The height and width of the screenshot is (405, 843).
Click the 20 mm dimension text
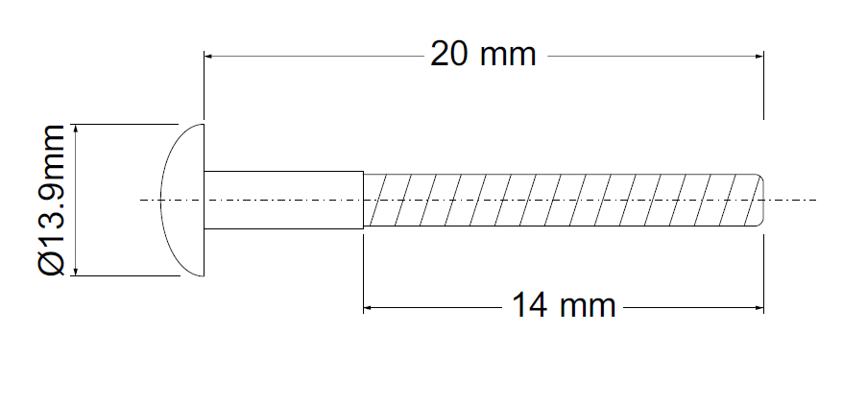(x=482, y=55)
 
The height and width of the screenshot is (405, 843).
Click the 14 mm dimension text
(x=563, y=307)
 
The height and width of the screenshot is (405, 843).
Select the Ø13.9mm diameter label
(x=53, y=200)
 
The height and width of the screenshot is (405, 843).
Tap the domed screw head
(x=182, y=200)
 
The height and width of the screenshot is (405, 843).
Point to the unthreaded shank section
(x=284, y=200)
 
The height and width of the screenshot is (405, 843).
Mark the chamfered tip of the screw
(x=759, y=200)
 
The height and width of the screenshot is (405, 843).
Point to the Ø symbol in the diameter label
(x=53, y=263)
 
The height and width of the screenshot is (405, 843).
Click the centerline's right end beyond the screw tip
(x=812, y=200)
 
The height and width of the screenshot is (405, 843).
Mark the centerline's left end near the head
(x=144, y=200)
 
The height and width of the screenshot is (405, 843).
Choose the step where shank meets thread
(x=363, y=200)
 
